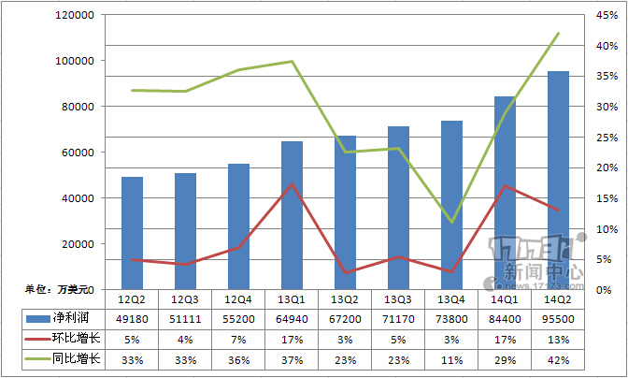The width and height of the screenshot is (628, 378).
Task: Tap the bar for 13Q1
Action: [x=292, y=214]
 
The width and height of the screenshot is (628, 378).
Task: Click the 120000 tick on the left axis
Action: [x=80, y=15]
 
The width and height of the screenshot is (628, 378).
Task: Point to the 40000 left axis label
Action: [x=83, y=198]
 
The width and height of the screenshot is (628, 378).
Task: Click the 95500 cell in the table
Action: [x=558, y=318]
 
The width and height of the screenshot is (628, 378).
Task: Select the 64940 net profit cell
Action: [x=292, y=318]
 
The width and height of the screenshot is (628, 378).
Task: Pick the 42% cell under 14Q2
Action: [x=558, y=358]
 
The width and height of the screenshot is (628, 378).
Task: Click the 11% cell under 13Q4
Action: [x=451, y=358]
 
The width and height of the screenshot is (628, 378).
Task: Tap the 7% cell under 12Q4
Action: [x=238, y=339]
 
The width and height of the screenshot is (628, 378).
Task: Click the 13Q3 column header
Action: [x=398, y=298]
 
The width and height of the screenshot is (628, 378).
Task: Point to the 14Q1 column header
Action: [x=505, y=298]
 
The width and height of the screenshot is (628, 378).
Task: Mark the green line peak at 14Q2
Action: [x=558, y=34]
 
